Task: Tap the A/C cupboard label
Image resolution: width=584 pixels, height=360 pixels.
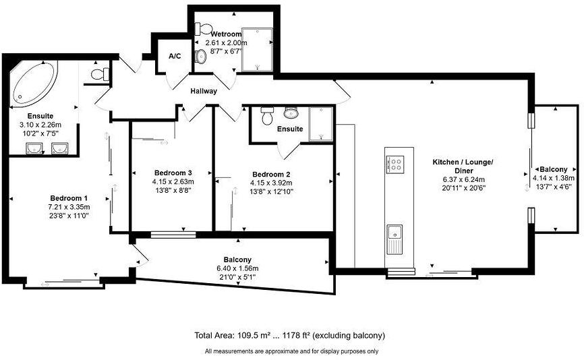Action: coord(174,56)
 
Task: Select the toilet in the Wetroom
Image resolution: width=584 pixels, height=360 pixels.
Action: coord(201,29)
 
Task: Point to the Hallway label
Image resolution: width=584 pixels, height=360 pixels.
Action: coord(204,91)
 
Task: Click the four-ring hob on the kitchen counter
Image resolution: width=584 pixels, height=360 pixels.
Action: coord(395,162)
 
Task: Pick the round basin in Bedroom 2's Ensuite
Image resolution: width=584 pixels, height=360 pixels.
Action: coord(291,113)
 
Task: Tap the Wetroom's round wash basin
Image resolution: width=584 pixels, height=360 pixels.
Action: coord(200,57)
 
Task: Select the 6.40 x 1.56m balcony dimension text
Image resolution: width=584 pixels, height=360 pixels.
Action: coord(237,268)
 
